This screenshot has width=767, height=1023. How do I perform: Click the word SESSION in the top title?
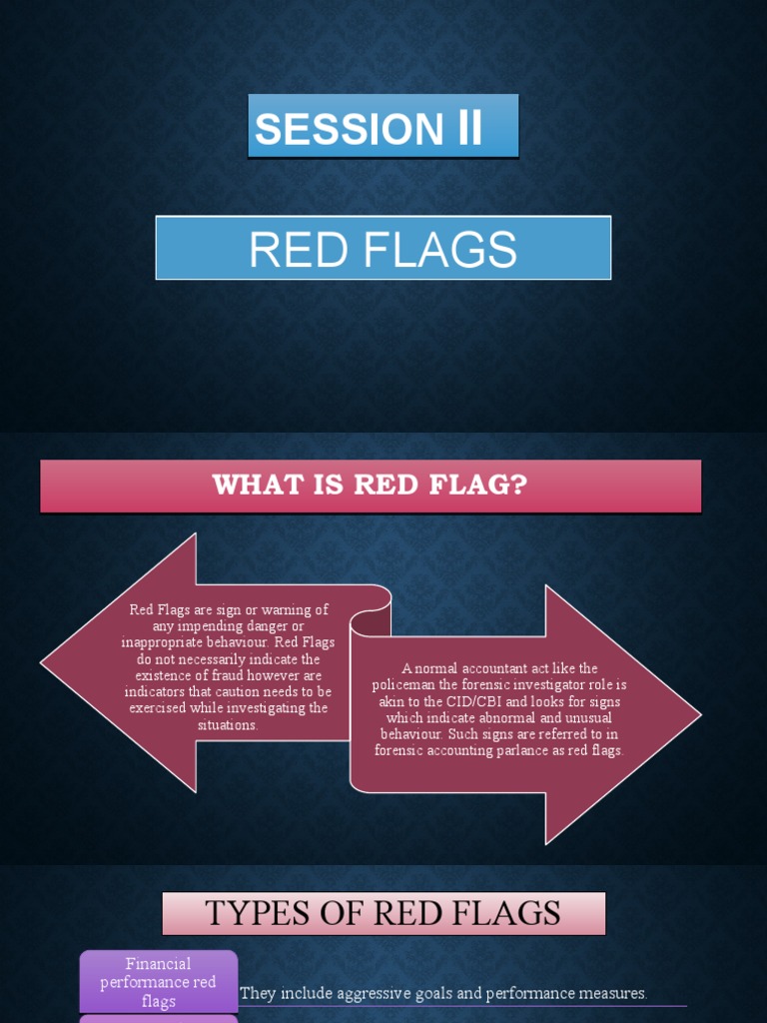coord(348,130)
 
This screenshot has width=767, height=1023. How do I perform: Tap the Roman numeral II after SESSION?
coord(469,129)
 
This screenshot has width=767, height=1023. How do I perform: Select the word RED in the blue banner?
coord(297,250)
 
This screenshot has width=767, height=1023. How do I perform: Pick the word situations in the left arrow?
coord(228,724)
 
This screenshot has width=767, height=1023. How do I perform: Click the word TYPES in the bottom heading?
coord(253,913)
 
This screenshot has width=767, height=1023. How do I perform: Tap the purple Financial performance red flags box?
coord(159,982)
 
